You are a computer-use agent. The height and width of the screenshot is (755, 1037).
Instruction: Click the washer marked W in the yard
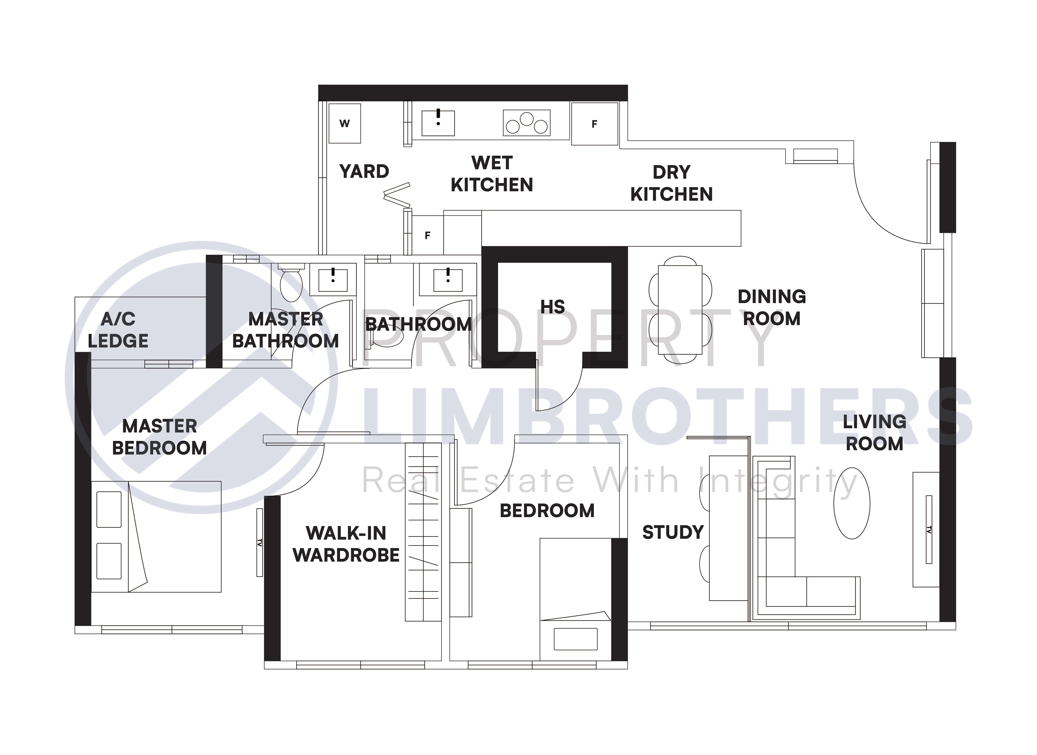tap(345, 123)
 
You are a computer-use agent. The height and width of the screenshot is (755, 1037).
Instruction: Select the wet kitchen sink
tap(438, 122)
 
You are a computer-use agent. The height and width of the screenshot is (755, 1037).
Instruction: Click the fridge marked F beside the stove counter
tap(594, 124)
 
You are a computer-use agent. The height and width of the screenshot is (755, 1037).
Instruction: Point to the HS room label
tap(553, 307)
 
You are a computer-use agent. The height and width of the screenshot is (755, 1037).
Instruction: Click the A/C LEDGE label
tap(118, 330)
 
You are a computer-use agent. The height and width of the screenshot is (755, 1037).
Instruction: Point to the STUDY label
tap(673, 532)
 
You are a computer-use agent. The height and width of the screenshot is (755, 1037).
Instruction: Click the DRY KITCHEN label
tap(672, 183)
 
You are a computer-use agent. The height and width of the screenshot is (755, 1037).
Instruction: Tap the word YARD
tap(364, 171)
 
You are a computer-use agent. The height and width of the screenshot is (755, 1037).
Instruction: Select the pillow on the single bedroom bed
tap(576, 639)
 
